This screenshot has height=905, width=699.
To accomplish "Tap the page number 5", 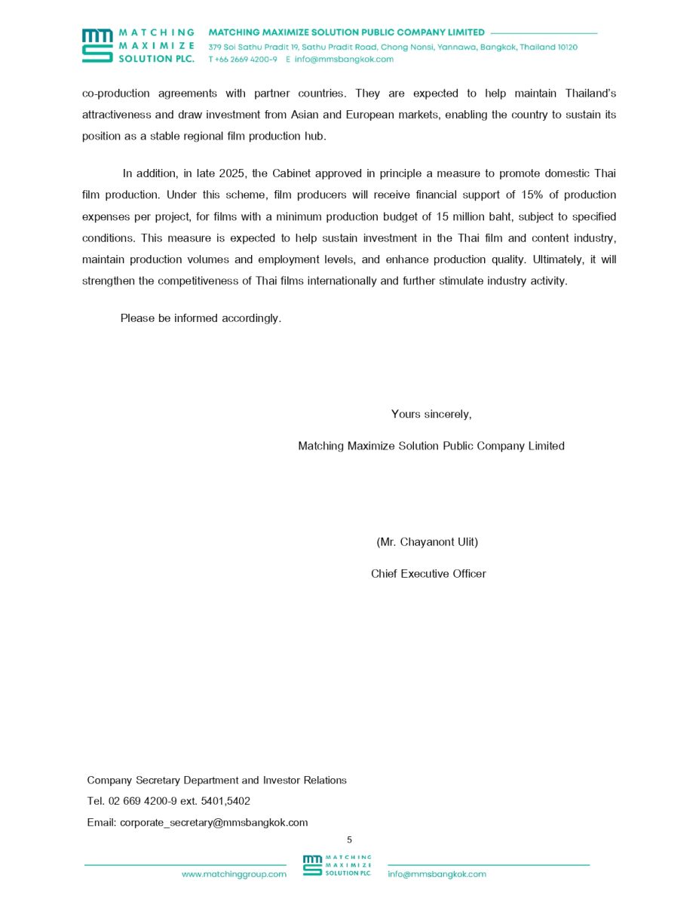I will click(x=349, y=839).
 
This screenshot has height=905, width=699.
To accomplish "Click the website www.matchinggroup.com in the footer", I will click(x=234, y=874).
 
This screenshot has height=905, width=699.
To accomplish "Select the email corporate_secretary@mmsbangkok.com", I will click(x=213, y=823).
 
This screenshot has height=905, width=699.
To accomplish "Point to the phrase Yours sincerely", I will click(x=431, y=414).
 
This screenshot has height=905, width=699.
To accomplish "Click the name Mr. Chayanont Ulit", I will click(x=427, y=542).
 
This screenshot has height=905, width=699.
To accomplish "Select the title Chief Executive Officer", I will click(x=428, y=574).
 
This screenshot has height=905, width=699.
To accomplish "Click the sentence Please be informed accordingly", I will click(x=201, y=318).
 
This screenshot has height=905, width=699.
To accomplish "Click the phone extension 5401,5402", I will click(x=225, y=801).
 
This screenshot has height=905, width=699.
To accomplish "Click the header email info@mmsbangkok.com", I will click(x=344, y=60).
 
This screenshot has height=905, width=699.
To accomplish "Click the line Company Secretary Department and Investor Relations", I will click(x=217, y=781).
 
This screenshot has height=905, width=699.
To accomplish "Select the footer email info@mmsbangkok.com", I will click(x=437, y=874).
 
